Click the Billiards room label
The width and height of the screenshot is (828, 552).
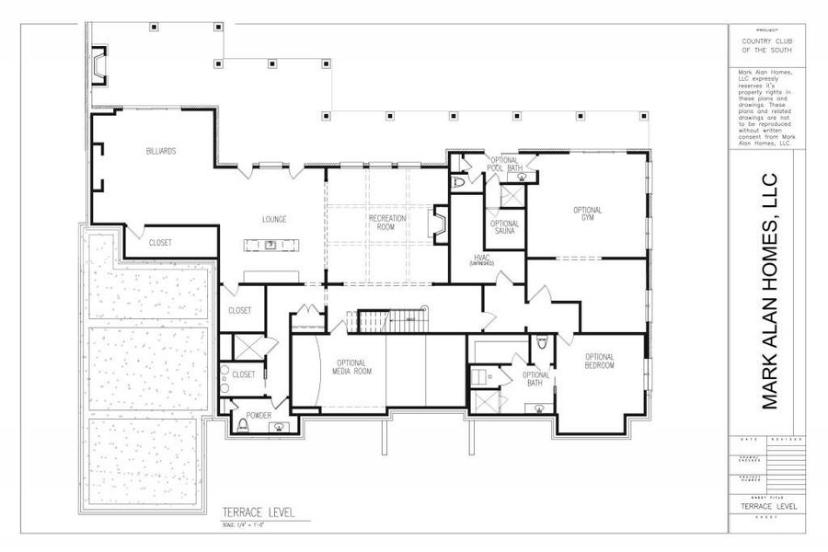[x=161, y=151]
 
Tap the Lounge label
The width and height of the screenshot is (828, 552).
[x=274, y=219]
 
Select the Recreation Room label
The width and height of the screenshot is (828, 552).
[x=387, y=222]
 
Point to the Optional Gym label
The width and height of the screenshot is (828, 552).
[x=588, y=214]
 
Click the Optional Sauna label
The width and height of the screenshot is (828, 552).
[x=504, y=227]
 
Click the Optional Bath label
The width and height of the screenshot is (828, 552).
[x=536, y=379]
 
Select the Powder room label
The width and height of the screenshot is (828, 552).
[x=259, y=415]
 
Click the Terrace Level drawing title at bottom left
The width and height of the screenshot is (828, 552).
[x=259, y=512]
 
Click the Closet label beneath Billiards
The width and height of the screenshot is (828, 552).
[x=166, y=243]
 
